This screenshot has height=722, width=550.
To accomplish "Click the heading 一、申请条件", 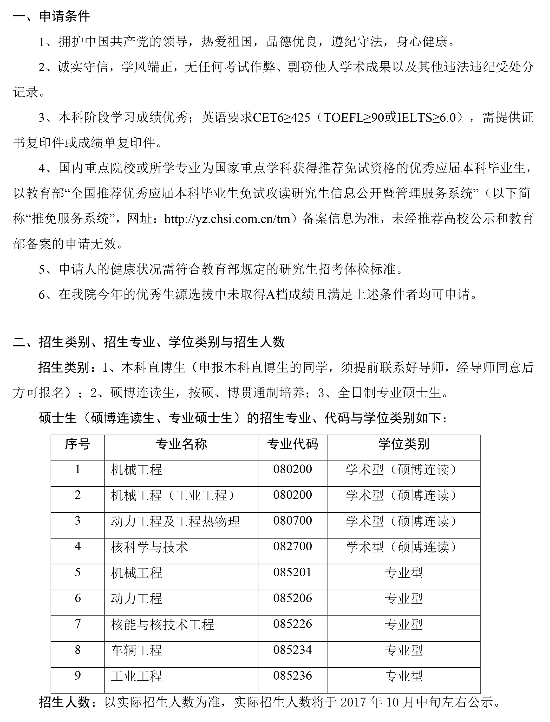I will click(51, 16).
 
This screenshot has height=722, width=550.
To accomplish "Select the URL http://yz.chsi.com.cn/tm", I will click(227, 219).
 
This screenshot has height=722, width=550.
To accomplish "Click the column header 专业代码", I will click(292, 444).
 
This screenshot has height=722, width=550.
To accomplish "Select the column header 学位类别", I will click(404, 444).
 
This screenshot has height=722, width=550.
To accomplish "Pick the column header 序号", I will click(78, 444).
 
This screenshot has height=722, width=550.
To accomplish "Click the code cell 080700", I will click(292, 520).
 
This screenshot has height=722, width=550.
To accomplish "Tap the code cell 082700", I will click(292, 546).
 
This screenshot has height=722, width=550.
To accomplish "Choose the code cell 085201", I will click(292, 572).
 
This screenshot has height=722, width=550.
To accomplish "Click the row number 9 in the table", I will click(78, 675).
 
